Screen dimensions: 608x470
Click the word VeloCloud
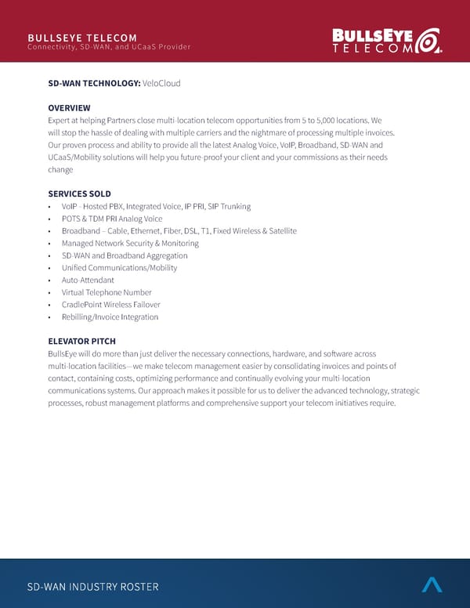(162, 83)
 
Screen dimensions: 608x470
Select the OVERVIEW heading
(69, 107)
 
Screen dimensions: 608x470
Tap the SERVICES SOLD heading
(79, 194)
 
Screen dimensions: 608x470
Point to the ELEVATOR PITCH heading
(81, 341)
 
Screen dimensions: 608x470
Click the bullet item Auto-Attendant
(88, 280)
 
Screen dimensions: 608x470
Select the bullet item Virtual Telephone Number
(107, 292)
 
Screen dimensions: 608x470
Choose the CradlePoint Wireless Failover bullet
(110, 305)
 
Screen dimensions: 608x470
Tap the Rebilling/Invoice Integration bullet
(110, 317)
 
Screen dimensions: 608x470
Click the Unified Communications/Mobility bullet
(119, 268)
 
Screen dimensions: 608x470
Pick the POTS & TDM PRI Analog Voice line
(112, 219)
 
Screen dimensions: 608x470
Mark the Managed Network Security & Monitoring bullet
(130, 243)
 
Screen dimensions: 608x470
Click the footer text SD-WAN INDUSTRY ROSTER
(92, 587)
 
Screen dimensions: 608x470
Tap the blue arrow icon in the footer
(432, 584)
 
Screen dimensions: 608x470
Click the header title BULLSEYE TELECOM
(81, 38)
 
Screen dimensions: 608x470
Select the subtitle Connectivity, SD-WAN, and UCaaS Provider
(109, 47)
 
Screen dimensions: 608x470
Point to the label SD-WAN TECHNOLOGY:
(94, 83)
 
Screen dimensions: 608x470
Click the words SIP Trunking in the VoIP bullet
(230, 206)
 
